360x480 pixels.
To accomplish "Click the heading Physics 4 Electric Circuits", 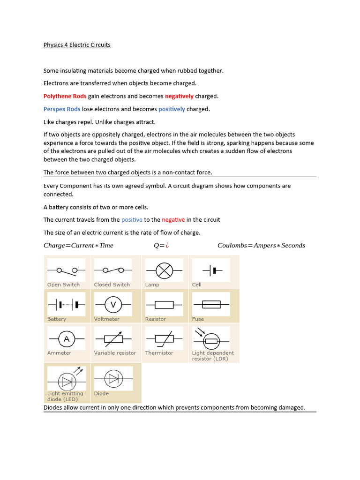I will [77, 45].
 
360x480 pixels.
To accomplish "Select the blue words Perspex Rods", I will [62, 109].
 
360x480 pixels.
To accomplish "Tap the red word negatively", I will [179, 96].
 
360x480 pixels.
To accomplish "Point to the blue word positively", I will [172, 109].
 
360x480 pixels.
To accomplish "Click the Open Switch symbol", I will [66, 270].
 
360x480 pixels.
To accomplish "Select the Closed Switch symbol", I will [113, 270].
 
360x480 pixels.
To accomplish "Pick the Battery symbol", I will [66, 305].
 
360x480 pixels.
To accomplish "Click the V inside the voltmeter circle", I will [113, 305].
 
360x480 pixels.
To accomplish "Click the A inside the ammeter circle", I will [66, 339].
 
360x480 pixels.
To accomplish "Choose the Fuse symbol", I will [211, 305].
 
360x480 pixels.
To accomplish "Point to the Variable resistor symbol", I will [113, 338].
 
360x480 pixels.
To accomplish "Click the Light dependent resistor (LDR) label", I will [212, 356].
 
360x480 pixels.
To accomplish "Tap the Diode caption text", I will [101, 394].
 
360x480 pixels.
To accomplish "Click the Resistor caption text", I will [155, 319].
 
